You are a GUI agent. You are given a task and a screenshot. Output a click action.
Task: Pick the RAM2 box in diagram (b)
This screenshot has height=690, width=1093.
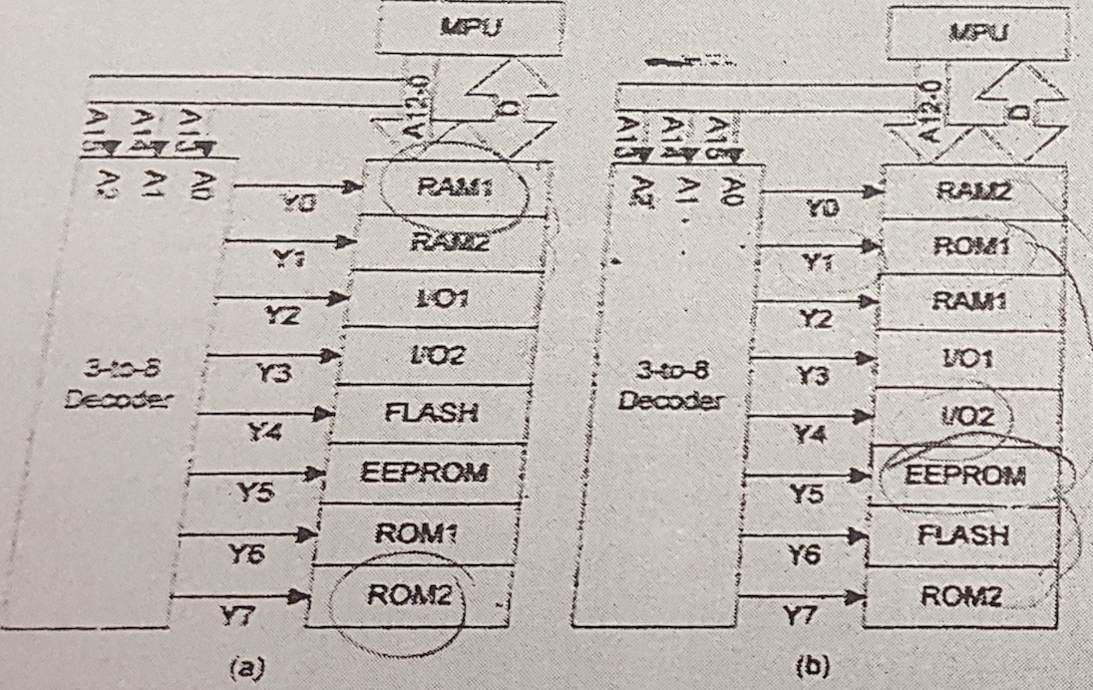tap(976, 189)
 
